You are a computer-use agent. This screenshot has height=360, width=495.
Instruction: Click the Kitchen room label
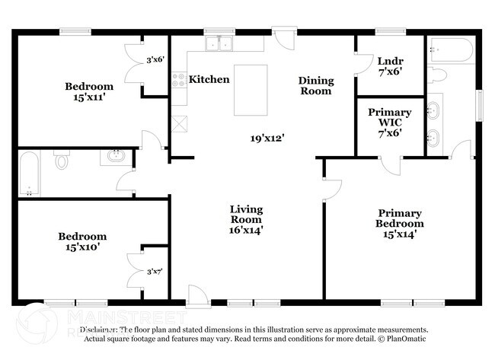209,79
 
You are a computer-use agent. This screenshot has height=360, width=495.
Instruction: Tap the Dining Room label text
315,85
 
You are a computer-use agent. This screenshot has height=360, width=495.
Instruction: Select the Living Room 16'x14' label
247,218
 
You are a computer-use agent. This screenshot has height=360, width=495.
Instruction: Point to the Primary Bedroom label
399,224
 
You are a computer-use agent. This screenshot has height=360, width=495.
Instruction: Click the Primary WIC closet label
389,122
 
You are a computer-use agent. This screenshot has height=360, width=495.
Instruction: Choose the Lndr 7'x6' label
389,65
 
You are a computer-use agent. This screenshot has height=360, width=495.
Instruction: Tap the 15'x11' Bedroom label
88,92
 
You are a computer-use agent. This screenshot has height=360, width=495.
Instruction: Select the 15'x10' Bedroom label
82,241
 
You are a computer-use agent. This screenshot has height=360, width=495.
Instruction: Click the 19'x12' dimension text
267,138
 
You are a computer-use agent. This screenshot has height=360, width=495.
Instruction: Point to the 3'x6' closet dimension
155,59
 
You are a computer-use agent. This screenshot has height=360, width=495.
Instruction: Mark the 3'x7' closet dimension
155,271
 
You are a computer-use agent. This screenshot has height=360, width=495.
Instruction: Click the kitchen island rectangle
251,90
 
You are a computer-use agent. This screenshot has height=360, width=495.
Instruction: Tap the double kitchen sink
219,44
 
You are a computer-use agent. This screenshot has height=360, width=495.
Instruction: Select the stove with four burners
179,79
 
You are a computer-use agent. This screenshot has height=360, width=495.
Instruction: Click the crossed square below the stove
180,123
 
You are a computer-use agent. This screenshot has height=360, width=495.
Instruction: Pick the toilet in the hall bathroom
62,161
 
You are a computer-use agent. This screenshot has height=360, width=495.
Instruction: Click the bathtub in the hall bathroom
29,174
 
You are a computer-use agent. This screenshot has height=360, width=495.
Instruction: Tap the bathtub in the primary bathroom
450,50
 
